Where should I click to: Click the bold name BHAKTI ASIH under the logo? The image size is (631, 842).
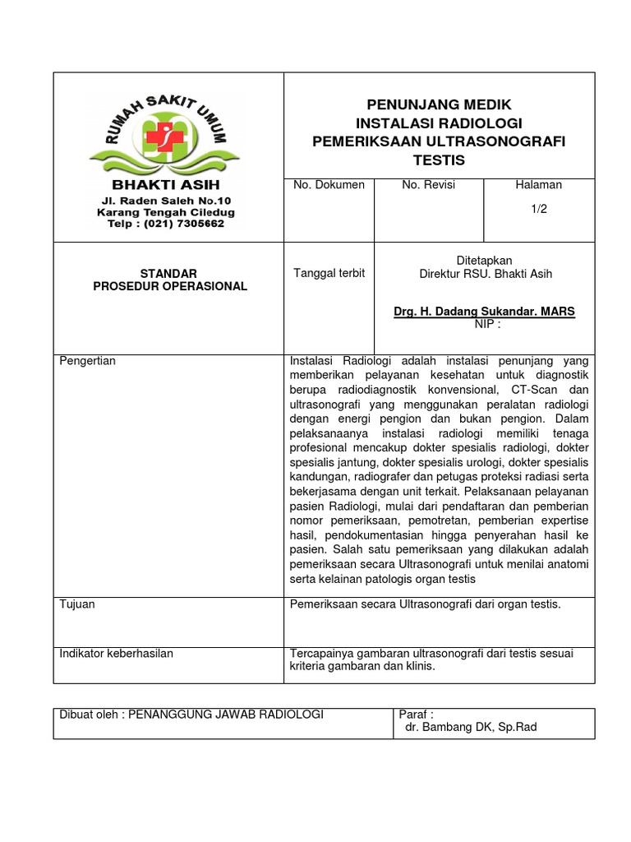coord(166,185)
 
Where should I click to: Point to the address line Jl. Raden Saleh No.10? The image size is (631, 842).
coord(166,201)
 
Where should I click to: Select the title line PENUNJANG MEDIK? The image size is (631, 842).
coord(439,105)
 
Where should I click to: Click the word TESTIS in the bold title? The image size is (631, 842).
coord(439,160)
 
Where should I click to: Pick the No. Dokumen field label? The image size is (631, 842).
coord(329,185)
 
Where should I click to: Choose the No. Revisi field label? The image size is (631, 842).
coord(428,185)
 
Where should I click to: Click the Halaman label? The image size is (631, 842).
coord(538,185)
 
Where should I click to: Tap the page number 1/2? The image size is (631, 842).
coord(538,209)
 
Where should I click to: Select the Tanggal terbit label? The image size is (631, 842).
coord(329,273)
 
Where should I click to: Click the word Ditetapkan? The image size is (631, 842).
coord(484,261)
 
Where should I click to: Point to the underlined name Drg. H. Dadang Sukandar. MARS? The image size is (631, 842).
coord(485,312)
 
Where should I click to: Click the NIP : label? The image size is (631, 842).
coord(487,324)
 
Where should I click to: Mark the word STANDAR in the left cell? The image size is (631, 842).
coord(168,273)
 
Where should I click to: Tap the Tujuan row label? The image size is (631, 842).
coord(77,604)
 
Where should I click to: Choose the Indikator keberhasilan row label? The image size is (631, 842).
coord(117,654)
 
